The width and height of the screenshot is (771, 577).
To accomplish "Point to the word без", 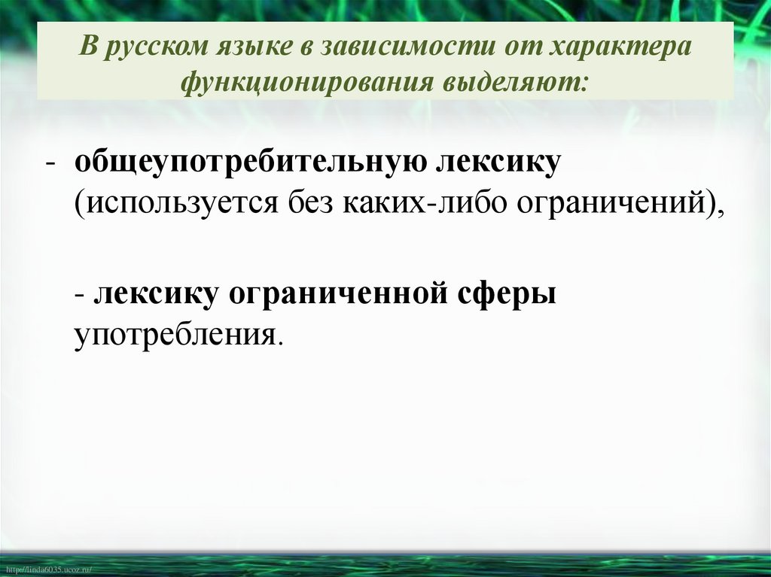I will (x=312, y=204).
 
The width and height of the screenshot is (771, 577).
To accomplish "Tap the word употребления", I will (x=175, y=332).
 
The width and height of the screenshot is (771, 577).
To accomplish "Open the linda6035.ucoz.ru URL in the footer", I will (x=47, y=571).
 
